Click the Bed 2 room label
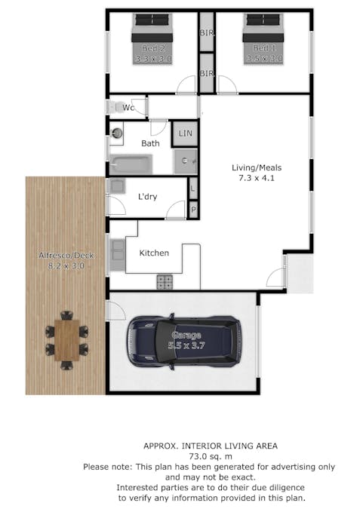153,48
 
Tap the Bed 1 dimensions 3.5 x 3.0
264,59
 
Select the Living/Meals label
257,167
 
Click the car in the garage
184,342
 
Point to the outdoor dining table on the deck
66,340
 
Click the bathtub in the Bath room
131,164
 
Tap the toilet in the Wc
115,106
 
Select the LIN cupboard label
185,133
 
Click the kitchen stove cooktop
165,282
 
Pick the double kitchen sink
118,255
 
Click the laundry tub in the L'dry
117,186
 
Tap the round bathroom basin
117,133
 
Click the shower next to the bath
185,161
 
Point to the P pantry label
193,210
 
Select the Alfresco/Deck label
66,256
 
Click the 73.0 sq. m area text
211,456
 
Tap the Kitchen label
154,253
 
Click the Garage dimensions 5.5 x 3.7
186,345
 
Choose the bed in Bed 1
263,39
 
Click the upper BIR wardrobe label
207,32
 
